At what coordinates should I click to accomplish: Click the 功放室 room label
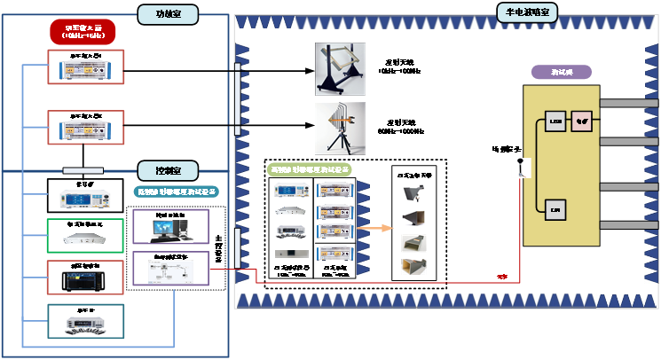[168, 14]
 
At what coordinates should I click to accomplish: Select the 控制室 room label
[168, 169]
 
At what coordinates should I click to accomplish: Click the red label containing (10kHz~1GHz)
[87, 33]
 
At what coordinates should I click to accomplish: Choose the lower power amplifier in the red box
[86, 128]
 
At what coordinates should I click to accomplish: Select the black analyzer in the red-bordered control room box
[85, 278]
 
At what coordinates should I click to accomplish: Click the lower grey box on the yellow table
[555, 209]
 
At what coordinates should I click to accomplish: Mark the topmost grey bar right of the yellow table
[629, 103]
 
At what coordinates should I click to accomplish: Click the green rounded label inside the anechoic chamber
[310, 169]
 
